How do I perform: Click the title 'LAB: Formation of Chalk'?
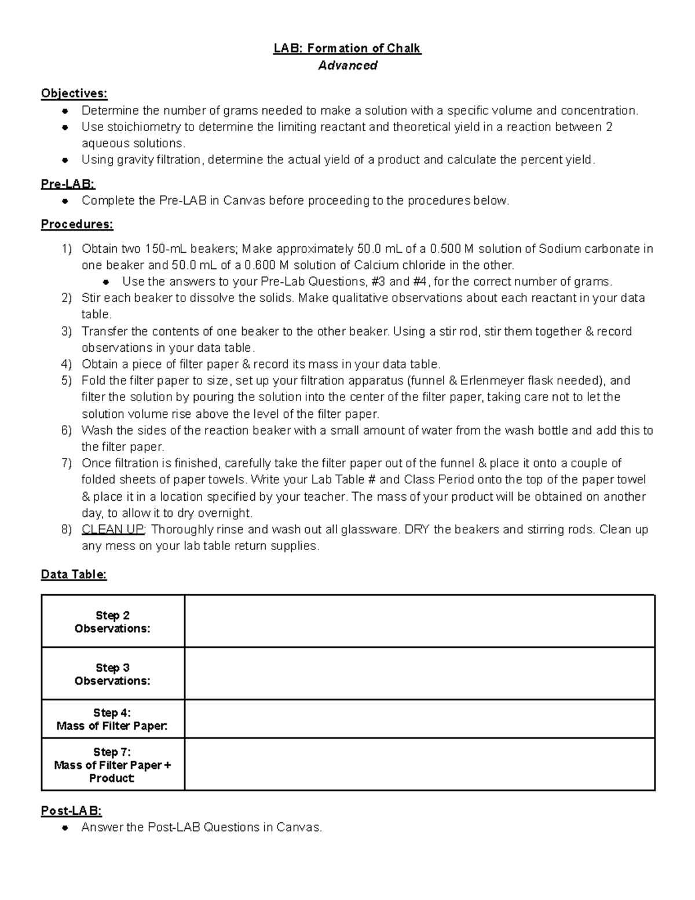pos(348,49)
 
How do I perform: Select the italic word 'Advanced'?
pos(348,65)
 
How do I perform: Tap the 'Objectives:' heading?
pos(74,94)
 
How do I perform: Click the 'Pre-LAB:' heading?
pos(68,184)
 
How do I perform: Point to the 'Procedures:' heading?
pos(77,224)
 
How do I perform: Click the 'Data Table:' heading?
pos(74,574)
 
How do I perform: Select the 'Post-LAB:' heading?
pos(71,811)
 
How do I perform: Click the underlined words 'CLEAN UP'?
pos(114,530)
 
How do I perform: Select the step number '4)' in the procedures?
pos(67,365)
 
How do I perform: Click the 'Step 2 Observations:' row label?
pos(112,622)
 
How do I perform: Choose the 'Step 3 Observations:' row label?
pos(112,674)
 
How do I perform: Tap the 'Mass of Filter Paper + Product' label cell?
pos(112,765)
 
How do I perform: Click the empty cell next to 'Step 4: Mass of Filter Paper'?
pos(419,719)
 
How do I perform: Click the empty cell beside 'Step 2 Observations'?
pos(419,621)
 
